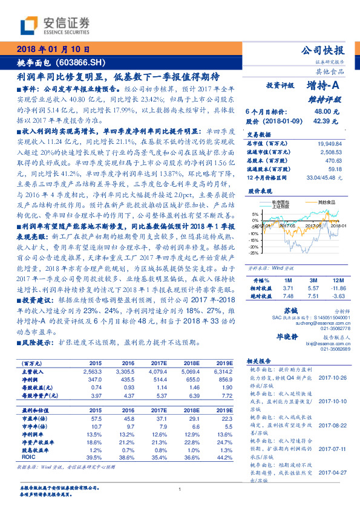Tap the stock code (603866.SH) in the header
click(85, 62)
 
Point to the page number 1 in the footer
click(180, 490)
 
